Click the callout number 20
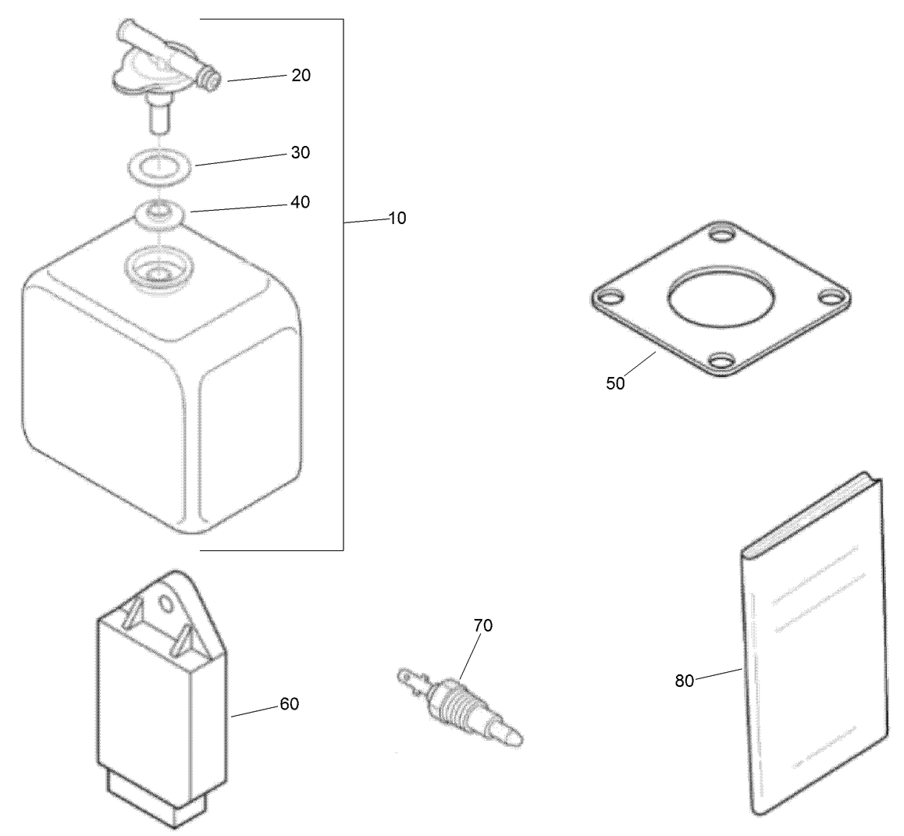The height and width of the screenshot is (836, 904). coord(301,75)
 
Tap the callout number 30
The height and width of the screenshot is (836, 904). coord(301,152)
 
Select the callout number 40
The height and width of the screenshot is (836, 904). coord(301,202)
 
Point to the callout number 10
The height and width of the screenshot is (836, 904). coord(397,219)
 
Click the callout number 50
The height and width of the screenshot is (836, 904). coord(615,384)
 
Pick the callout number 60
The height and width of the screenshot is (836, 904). coord(289,704)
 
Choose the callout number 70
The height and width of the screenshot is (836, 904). coord(483,625)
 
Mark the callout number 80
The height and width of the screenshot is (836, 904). coord(684,681)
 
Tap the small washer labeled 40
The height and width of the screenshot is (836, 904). coord(160,212)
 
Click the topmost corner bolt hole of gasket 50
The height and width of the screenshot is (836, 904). coord(722,233)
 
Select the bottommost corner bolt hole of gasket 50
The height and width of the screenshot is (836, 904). coord(722,361)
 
